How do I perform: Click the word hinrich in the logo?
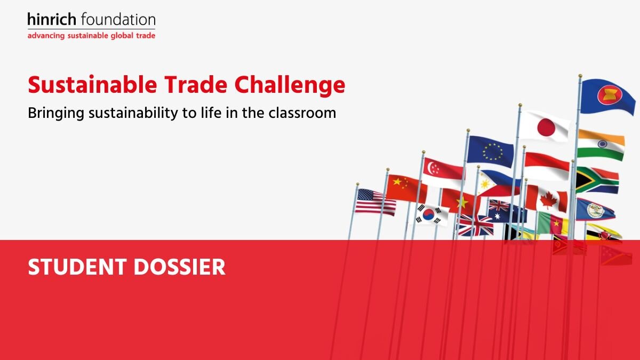(x=52, y=19)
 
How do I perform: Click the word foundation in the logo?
(x=118, y=19)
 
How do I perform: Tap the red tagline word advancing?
(x=46, y=36)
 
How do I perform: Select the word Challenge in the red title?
(x=290, y=85)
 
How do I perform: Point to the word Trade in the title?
(x=196, y=85)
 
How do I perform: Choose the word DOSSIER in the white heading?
(x=179, y=267)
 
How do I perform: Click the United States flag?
(x=375, y=202)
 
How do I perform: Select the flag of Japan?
(x=545, y=126)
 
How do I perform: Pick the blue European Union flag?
(x=491, y=151)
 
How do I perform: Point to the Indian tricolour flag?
(x=601, y=145)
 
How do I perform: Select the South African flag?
(x=597, y=181)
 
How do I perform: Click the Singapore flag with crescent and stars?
(x=443, y=172)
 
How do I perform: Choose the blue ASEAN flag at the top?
(x=607, y=97)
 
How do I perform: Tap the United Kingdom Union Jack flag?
(x=475, y=226)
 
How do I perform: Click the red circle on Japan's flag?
(x=546, y=127)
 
